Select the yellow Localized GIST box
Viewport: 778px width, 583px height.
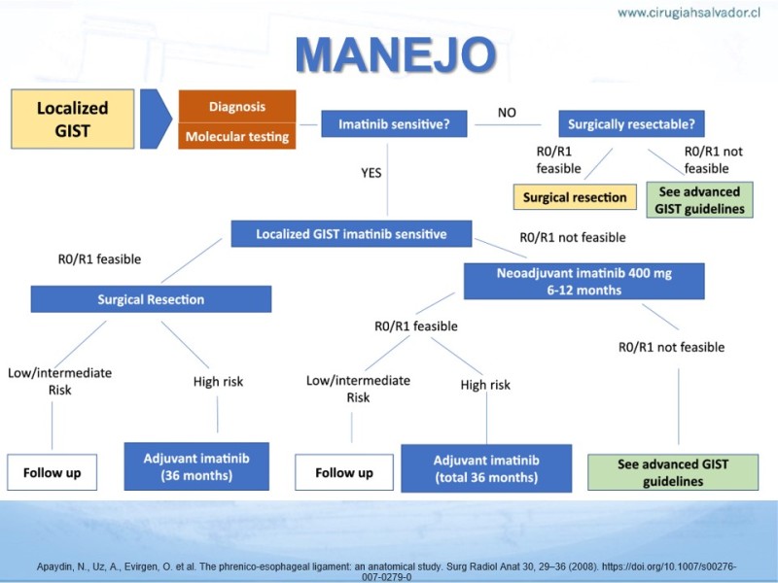tap(72, 119)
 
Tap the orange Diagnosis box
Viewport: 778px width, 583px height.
tap(236, 106)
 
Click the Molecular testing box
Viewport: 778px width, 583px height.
tap(236, 137)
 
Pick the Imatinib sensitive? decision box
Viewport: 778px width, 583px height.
tap(394, 124)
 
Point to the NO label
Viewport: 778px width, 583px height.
tap(507, 113)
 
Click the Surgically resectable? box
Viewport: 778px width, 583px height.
tap(631, 124)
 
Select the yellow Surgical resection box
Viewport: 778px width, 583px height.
tap(575, 197)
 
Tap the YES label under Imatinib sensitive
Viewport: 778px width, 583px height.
tap(370, 173)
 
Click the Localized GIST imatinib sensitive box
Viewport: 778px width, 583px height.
tap(351, 234)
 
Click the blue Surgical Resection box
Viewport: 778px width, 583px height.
tap(151, 299)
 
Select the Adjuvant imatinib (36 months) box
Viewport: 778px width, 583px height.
tap(196, 466)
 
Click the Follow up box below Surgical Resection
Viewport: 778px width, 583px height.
tap(53, 473)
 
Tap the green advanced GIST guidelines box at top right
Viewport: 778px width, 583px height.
tap(699, 199)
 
